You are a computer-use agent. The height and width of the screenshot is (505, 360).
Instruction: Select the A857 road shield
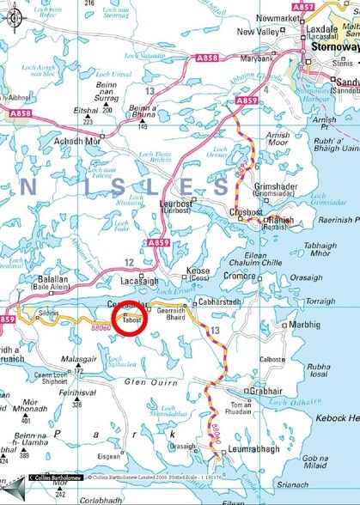point(326,6)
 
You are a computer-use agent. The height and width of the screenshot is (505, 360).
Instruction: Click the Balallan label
point(52,281)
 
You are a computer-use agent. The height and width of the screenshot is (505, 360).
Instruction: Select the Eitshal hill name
point(86,111)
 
